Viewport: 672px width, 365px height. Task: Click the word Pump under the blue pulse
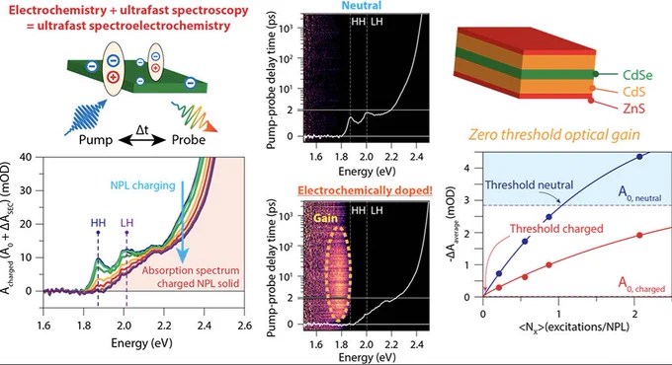tap(96, 140)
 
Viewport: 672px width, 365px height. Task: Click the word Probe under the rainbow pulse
tap(189, 140)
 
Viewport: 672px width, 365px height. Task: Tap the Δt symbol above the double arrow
tap(142, 129)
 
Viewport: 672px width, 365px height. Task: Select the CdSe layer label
tap(637, 75)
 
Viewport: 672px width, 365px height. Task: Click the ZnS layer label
tap(633, 109)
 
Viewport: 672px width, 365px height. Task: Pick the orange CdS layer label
tap(633, 92)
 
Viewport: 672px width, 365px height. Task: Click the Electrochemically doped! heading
tap(365, 190)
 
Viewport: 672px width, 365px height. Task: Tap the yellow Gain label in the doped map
tap(325, 218)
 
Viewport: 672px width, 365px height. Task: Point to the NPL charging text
tap(142, 185)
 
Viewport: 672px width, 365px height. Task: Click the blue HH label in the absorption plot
tap(98, 223)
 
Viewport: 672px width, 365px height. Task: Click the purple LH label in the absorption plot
tap(126, 223)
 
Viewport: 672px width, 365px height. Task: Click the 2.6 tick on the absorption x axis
tap(245, 326)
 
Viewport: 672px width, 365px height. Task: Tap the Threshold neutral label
tap(529, 184)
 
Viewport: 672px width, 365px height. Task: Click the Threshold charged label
tap(556, 229)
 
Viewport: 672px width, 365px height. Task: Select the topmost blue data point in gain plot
tap(639, 157)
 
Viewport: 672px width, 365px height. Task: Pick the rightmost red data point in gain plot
tap(639, 236)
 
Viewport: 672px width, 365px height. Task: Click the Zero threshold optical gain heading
tap(554, 135)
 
